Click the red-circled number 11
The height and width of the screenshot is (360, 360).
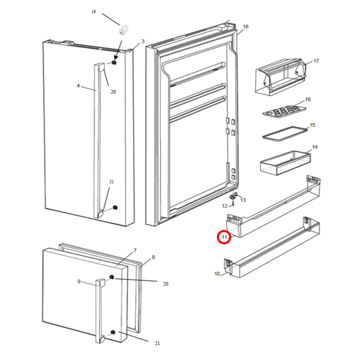tap(224, 237)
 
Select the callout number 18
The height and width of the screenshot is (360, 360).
tap(245, 26)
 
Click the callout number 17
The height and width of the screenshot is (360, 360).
tap(315, 61)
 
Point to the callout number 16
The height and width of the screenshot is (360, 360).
tap(307, 99)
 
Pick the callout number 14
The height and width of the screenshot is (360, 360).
tap(314, 147)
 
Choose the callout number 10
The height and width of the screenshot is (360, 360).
tap(217, 274)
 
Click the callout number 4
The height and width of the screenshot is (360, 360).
tap(78, 86)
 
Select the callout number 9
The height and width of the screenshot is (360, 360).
tap(79, 281)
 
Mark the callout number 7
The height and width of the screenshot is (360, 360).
tap(134, 251)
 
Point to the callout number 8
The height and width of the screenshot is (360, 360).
tap(153, 257)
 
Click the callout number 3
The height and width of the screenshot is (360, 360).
tap(143, 42)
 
